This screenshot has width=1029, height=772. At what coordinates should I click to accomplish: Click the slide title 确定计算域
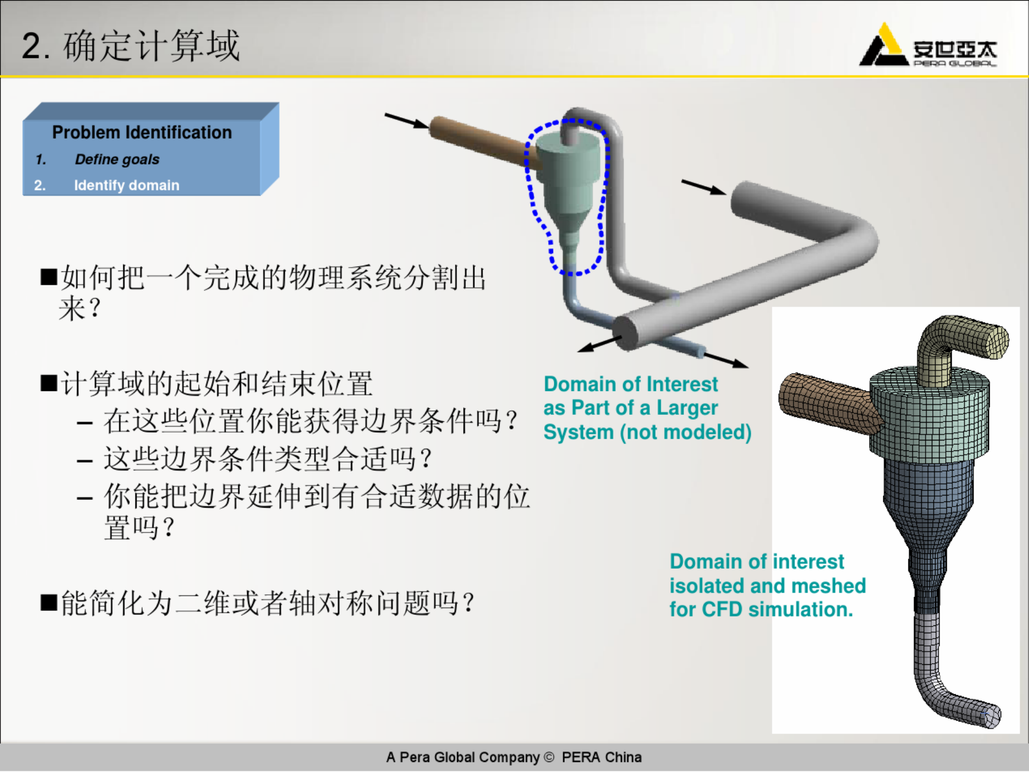(151, 46)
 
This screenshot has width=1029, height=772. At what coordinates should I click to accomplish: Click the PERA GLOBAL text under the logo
(955, 64)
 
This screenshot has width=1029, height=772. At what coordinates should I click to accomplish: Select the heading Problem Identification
(142, 132)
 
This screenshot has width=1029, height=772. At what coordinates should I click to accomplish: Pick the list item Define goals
(117, 159)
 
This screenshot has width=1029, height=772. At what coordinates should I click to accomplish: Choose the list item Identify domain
(127, 185)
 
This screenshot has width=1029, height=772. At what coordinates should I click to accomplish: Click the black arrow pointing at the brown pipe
(406, 121)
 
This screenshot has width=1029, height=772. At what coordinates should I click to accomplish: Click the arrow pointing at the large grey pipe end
(704, 187)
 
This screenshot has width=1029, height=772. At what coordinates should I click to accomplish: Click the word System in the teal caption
(579, 432)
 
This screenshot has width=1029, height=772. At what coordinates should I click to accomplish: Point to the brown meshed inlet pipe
(827, 403)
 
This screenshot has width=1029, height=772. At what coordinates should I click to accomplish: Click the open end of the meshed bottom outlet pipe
(992, 716)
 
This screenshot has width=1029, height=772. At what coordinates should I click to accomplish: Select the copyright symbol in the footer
(549, 757)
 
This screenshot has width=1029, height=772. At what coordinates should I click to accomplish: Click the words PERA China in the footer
(601, 757)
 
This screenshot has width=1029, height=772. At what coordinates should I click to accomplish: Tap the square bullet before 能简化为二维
(49, 603)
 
